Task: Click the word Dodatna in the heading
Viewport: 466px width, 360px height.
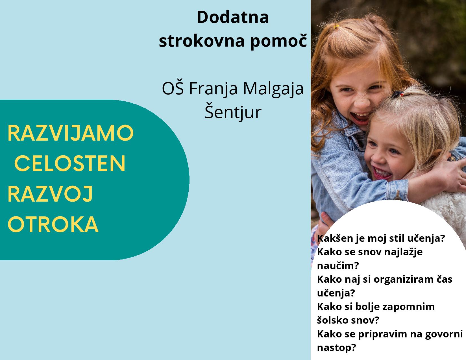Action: [233, 17]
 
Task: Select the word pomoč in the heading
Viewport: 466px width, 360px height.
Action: [278, 42]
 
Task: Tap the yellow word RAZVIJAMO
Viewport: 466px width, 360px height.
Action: [71, 133]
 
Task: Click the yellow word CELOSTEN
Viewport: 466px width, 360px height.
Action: [70, 163]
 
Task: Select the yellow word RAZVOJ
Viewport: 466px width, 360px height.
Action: [50, 194]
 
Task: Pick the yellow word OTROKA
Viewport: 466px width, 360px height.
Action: [53, 224]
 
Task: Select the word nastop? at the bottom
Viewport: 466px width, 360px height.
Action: [336, 348]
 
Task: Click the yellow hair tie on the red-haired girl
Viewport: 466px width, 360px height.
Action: [336, 27]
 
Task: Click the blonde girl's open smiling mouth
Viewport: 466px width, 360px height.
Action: [382, 173]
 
